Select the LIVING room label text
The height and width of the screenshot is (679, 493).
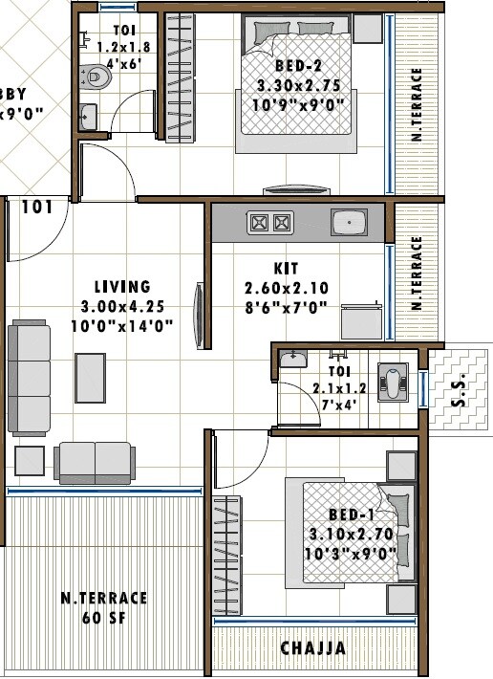click(122, 286)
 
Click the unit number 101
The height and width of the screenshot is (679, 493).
click(36, 207)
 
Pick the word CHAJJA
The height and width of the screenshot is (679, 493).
click(313, 648)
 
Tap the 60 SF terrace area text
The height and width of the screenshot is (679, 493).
click(104, 616)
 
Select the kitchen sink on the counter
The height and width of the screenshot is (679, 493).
click(348, 223)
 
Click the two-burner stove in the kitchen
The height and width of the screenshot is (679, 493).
click(268, 223)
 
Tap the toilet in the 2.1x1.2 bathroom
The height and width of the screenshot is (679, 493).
click(394, 381)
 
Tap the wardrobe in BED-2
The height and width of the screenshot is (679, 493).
click(180, 77)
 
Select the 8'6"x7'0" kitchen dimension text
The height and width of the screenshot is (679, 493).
click(287, 307)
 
